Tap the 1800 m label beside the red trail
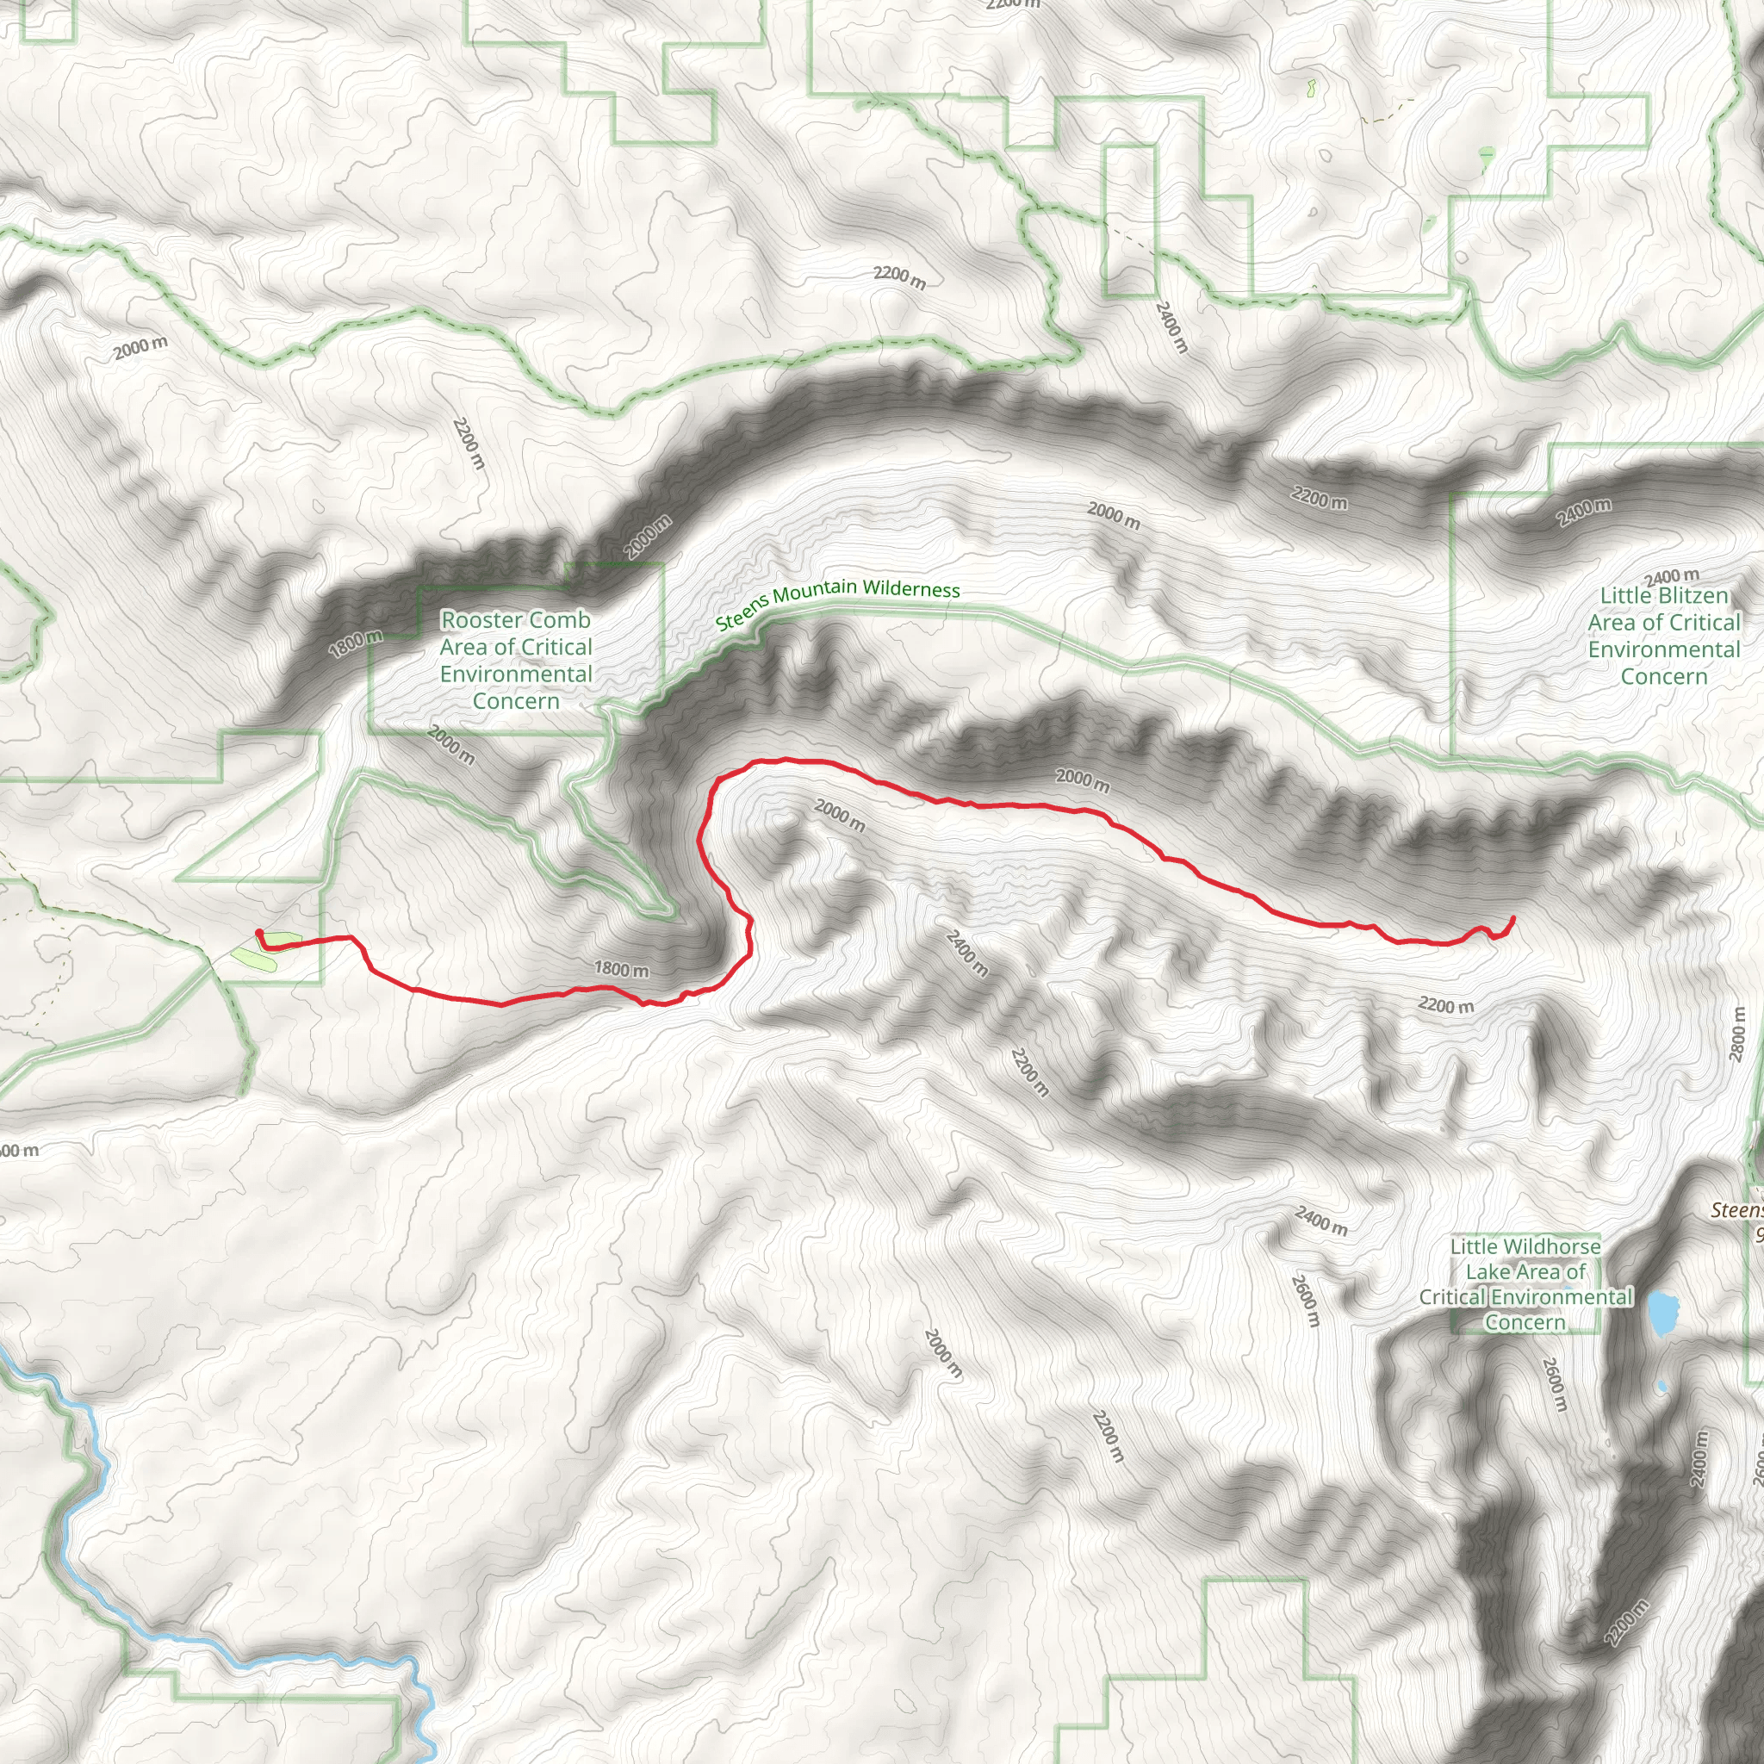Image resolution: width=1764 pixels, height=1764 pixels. point(621,969)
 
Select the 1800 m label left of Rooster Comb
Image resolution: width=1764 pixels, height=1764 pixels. point(355,642)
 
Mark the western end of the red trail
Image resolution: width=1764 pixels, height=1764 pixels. point(260,933)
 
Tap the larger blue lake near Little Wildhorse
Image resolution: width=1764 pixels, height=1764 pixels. point(1662,1313)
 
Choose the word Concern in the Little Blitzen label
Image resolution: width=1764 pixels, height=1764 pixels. point(1663,676)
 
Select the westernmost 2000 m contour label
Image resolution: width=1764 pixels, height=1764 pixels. point(140,347)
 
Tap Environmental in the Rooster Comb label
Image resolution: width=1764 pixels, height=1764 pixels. point(516,674)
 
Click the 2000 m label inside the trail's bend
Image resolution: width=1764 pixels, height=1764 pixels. point(839,815)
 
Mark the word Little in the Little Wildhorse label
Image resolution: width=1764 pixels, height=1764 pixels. point(1477,1246)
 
